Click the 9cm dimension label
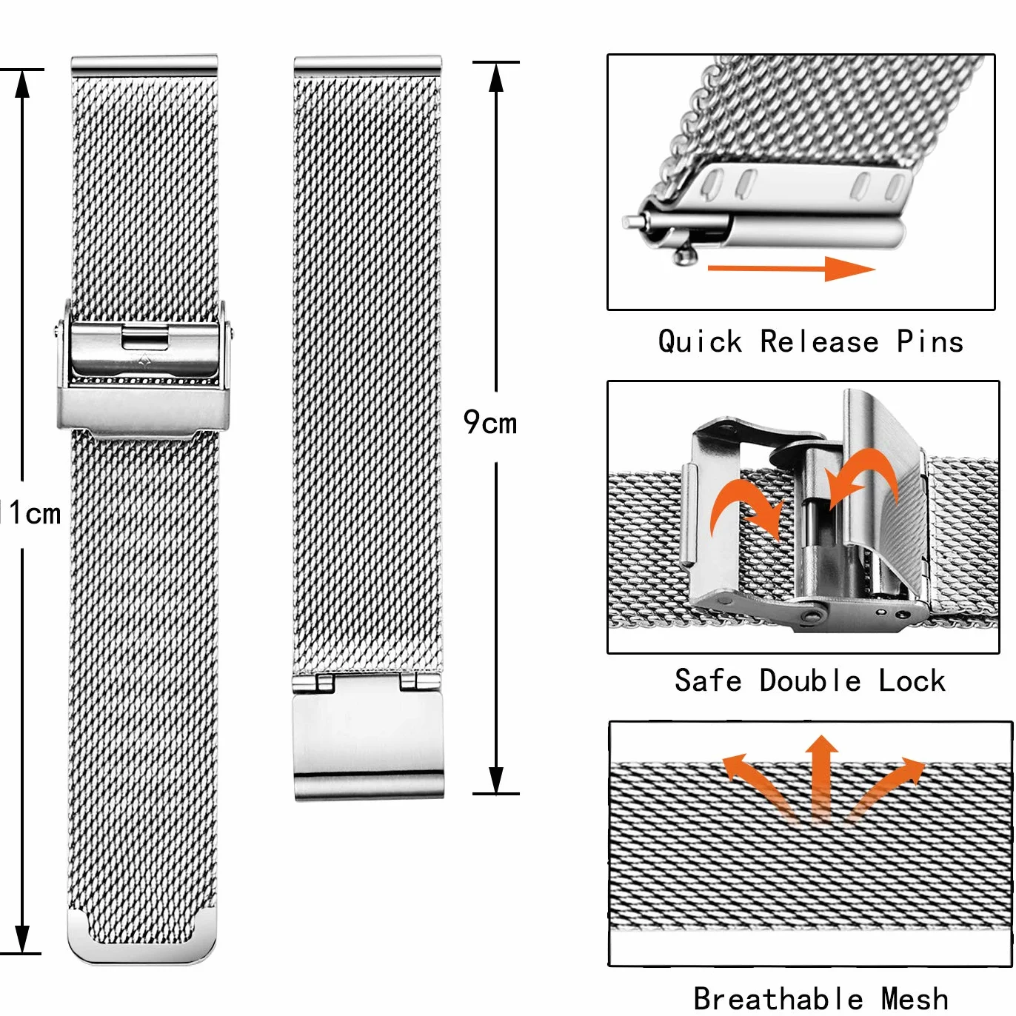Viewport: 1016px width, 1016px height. [x=489, y=422]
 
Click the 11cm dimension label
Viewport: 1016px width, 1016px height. [x=30, y=512]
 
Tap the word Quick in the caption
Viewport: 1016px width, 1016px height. [x=701, y=341]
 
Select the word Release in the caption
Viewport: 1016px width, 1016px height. [x=819, y=341]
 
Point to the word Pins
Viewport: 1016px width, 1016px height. [x=930, y=341]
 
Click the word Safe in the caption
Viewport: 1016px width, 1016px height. [x=708, y=680]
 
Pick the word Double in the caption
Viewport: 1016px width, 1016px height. [x=811, y=680]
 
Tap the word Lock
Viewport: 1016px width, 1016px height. [x=912, y=680]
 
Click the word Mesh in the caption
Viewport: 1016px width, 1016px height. [x=915, y=998]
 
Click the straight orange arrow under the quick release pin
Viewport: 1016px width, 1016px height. [x=791, y=268]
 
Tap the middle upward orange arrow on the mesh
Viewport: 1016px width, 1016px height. [x=821, y=778]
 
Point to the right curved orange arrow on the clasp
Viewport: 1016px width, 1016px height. [x=865, y=475]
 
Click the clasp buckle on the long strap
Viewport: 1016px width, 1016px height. [x=144, y=372]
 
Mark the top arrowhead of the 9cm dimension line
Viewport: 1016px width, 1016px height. [x=496, y=78]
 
